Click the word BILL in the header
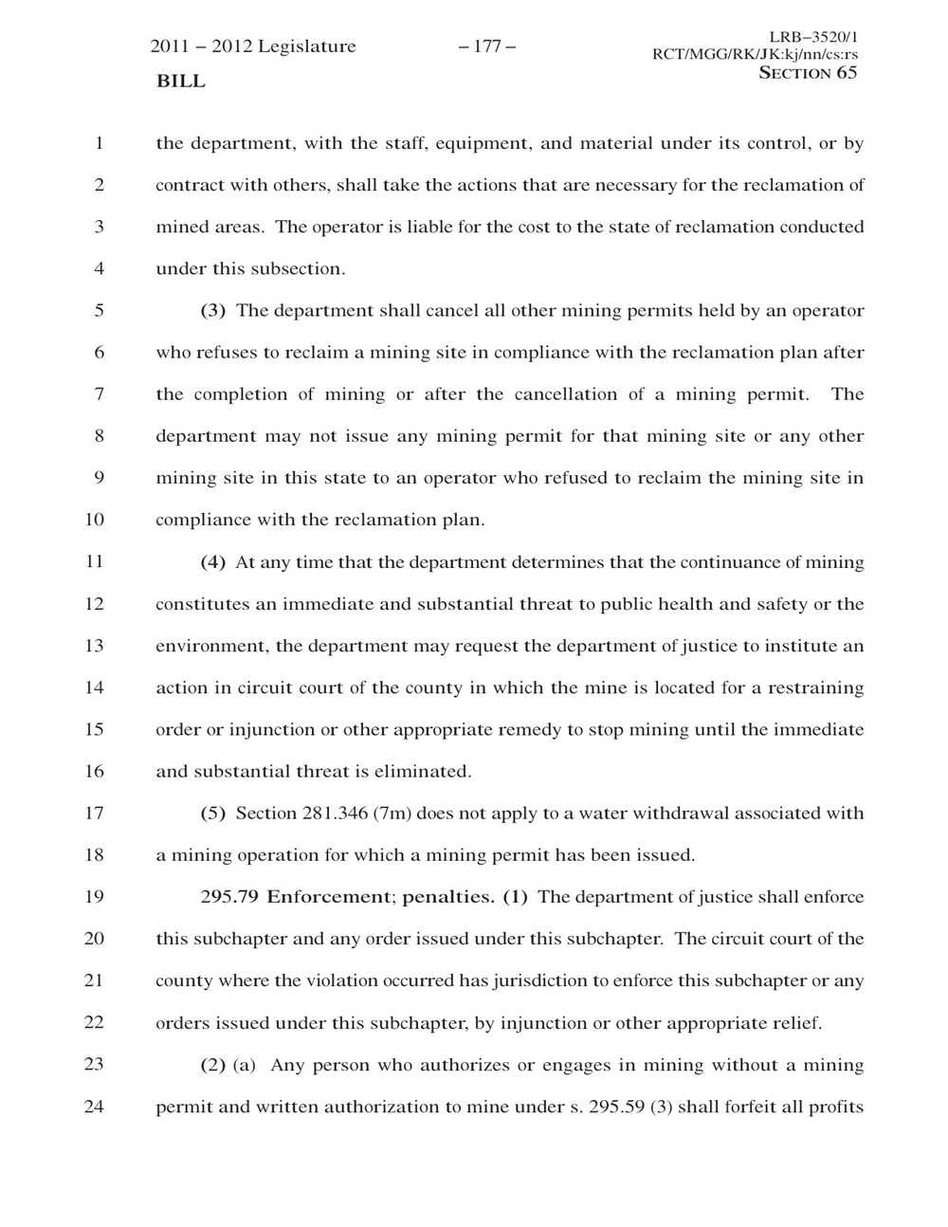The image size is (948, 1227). click(x=180, y=82)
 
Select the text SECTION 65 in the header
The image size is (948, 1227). click(x=809, y=73)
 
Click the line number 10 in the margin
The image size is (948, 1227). click(x=94, y=520)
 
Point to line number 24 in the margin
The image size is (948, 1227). click(x=94, y=1106)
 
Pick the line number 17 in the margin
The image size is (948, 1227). click(x=94, y=813)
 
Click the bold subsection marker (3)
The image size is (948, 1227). click(x=213, y=311)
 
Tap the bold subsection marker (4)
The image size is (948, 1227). click(x=213, y=562)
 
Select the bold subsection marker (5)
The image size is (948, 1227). click(x=213, y=814)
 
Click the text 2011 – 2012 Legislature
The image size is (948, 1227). click(x=253, y=46)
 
